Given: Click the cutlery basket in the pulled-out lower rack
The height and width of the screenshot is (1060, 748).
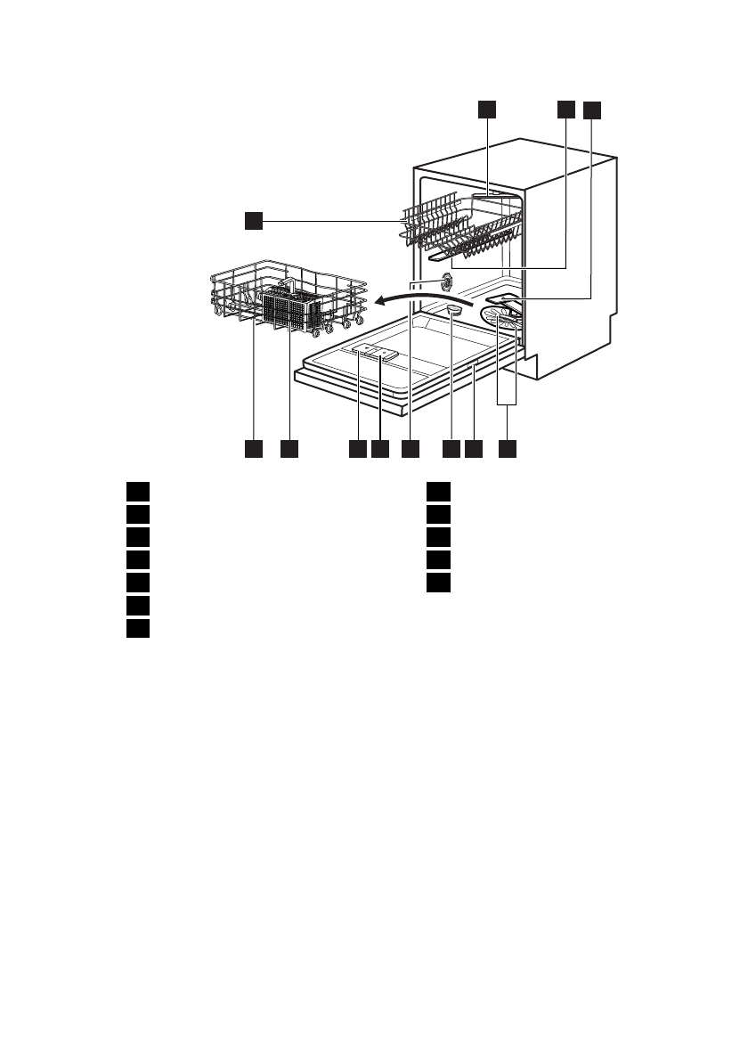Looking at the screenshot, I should tap(293, 310).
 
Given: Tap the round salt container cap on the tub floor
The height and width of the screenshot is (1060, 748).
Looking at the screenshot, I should tap(453, 309).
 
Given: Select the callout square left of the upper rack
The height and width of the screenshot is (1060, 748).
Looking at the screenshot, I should tap(254, 219).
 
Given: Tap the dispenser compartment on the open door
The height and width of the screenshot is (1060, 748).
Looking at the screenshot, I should tap(374, 353).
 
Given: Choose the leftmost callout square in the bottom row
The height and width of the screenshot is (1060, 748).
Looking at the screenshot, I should tap(254, 450).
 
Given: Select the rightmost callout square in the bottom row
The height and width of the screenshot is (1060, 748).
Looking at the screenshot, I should tap(507, 450).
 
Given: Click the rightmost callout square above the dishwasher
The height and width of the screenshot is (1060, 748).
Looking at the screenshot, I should tap(592, 110).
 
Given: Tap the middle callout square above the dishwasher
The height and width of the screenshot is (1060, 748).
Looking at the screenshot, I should tap(565, 109).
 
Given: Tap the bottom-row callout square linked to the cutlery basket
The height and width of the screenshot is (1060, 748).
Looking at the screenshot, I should tap(289, 450).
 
